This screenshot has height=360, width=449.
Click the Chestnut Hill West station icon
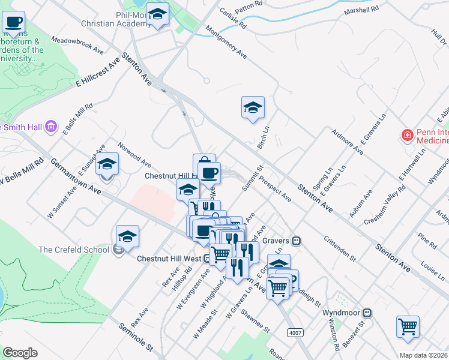point(206,259)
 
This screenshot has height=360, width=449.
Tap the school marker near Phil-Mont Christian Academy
point(158,15)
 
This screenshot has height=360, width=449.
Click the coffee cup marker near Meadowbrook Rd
point(14,23)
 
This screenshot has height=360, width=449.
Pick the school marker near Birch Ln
point(253,108)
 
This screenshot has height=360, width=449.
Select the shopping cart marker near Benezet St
point(408,327)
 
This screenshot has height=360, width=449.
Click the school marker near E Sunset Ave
point(107,163)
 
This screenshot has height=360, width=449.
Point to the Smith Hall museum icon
point(51,127)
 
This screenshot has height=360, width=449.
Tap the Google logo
point(20,352)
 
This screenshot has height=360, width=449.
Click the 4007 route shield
point(295,332)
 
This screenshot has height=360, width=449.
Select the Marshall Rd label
point(361,10)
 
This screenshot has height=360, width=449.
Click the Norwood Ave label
point(134,154)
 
